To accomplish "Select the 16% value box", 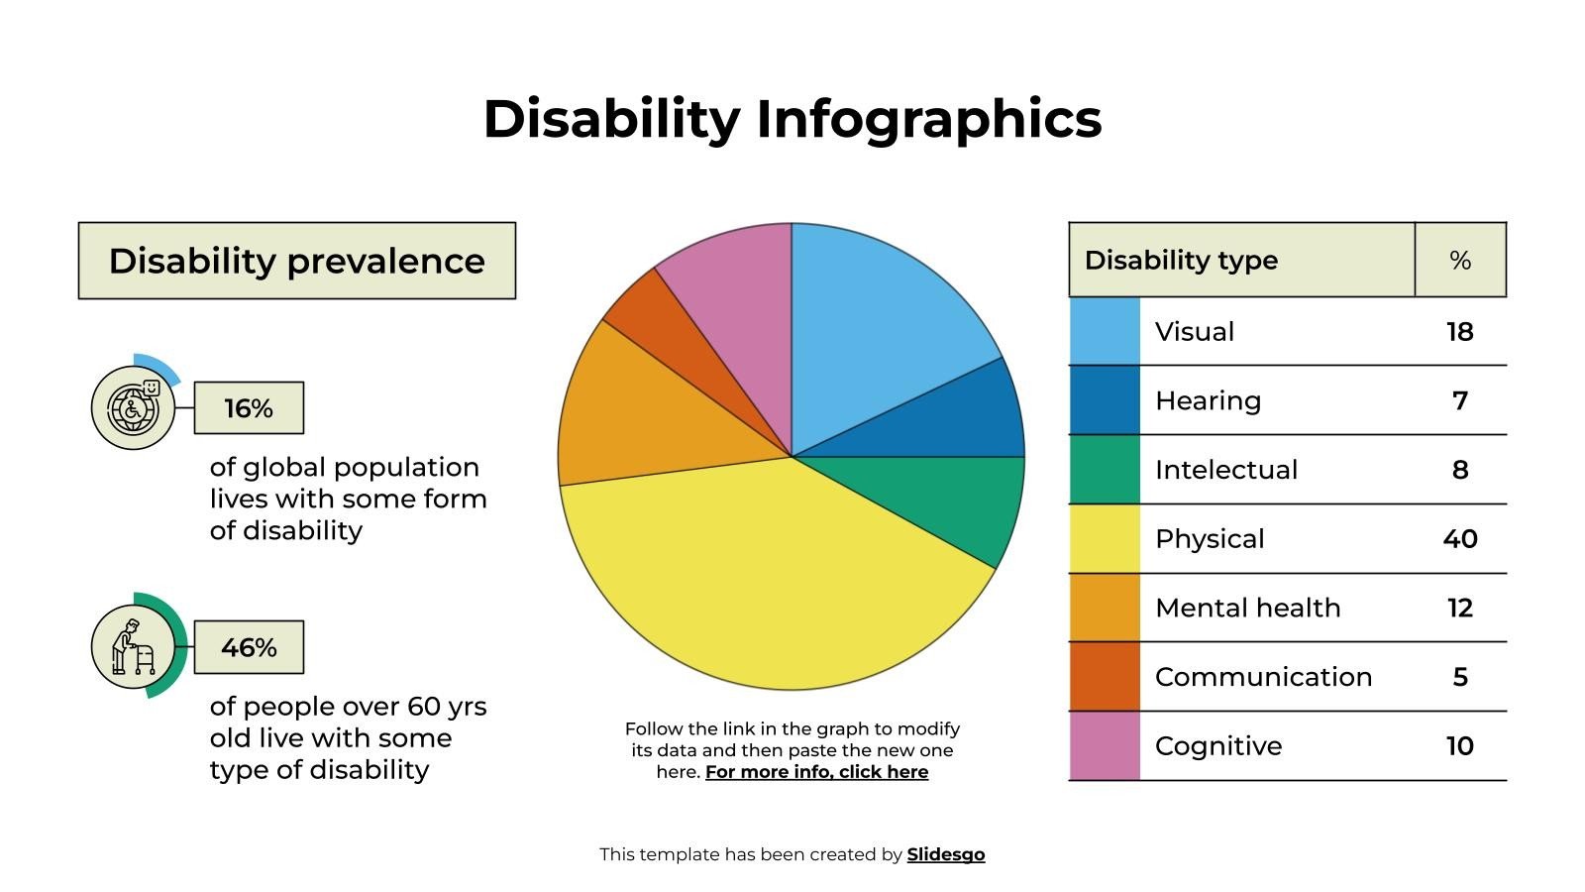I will pyautogui.click(x=249, y=408).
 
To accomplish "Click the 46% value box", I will pyautogui.click(x=249, y=647).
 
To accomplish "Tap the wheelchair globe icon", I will pyautogui.click(x=133, y=408).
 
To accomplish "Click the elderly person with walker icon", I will pyautogui.click(x=133, y=647).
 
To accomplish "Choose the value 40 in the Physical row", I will pyautogui.click(x=1459, y=539).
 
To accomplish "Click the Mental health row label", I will pyautogui.click(x=1247, y=608).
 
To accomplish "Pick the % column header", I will pyautogui.click(x=1459, y=261).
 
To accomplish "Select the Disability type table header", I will pyautogui.click(x=1181, y=261).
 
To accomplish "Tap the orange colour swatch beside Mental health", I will pyautogui.click(x=1105, y=608).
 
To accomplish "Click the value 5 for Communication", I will pyautogui.click(x=1459, y=677).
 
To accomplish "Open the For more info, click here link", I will pyautogui.click(x=816, y=772).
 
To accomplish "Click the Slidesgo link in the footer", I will pyautogui.click(x=945, y=854).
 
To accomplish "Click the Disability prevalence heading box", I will pyautogui.click(x=297, y=261).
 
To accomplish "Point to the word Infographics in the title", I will pyautogui.click(x=928, y=119).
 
